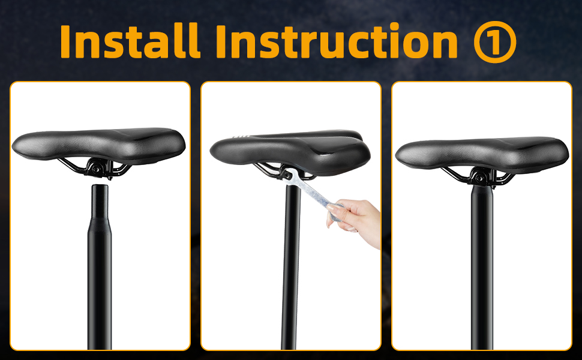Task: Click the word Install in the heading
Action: (130, 41)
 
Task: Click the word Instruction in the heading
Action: (336, 41)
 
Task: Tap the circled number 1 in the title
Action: (495, 41)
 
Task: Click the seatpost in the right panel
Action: (482, 267)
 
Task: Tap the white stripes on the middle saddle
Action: (241, 137)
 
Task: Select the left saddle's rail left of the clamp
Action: (73, 166)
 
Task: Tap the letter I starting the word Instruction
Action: (221, 41)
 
